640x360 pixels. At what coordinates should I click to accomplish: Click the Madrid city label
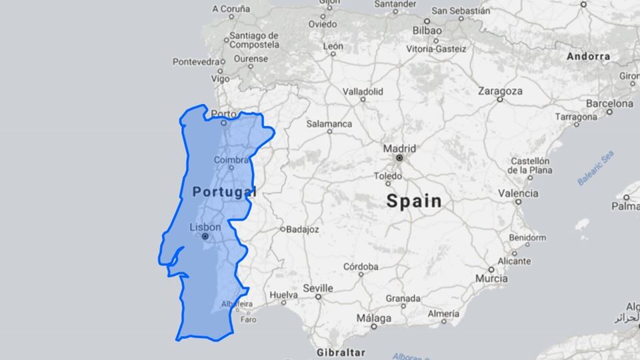click(x=399, y=148)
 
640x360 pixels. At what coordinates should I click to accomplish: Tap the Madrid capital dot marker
click(x=399, y=159)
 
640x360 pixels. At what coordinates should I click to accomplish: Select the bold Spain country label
click(x=414, y=201)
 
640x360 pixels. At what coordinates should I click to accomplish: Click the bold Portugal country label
click(x=224, y=192)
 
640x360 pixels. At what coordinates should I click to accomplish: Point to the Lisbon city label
click(x=205, y=227)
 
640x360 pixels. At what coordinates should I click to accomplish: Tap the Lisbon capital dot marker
click(x=205, y=237)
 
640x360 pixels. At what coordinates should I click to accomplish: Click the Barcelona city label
click(x=609, y=103)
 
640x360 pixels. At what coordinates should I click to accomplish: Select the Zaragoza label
click(x=500, y=91)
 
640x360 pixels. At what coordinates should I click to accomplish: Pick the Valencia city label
click(x=518, y=193)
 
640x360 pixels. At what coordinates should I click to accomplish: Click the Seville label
click(x=317, y=288)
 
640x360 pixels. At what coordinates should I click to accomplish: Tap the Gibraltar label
click(x=341, y=351)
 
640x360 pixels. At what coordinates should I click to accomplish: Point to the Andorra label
click(x=588, y=57)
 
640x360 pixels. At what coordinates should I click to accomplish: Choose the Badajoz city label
click(x=303, y=229)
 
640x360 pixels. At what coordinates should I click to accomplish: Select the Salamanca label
click(x=329, y=123)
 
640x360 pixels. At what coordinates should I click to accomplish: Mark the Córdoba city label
click(x=361, y=267)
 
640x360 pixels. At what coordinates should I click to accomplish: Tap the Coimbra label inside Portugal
click(x=231, y=160)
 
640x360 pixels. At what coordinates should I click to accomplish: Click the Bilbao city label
click(x=427, y=31)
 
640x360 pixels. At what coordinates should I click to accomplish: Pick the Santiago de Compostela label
click(x=253, y=40)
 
